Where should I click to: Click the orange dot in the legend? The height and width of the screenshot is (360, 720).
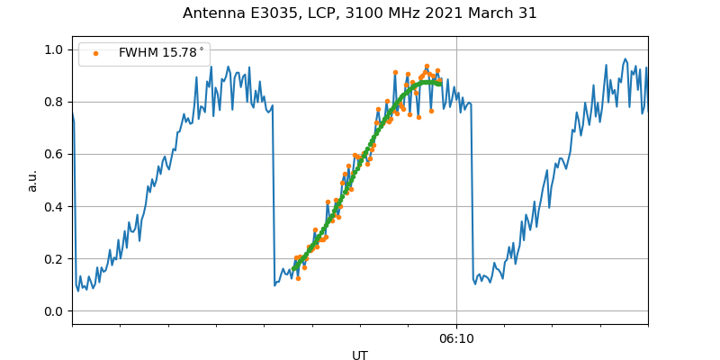[95, 53]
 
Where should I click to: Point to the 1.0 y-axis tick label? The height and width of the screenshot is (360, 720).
[54, 49]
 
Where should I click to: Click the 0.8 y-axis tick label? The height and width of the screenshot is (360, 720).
[54, 102]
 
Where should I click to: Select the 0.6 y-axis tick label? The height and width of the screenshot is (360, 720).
[54, 154]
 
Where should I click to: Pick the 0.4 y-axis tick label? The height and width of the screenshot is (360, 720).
[54, 206]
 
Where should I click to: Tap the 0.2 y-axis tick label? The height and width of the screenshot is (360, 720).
[54, 259]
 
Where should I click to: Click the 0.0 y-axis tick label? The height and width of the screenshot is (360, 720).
[54, 311]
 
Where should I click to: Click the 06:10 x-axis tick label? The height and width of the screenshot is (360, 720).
[456, 338]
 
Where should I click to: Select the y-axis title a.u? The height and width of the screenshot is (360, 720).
[33, 180]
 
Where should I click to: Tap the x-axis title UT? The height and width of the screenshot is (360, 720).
[360, 355]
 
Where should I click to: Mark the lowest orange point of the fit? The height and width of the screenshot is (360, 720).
[298, 278]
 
